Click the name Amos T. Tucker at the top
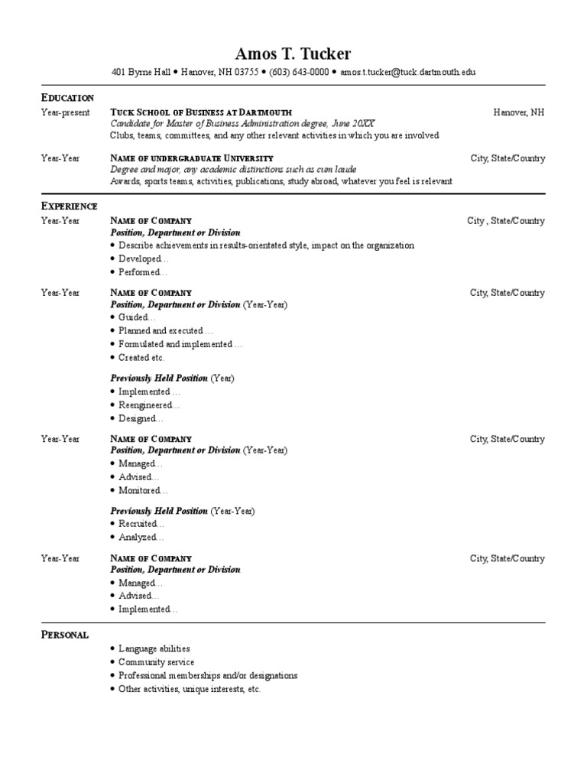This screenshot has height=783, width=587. [293, 54]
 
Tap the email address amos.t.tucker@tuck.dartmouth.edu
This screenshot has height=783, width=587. [408, 72]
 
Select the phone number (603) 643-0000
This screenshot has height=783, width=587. [298, 72]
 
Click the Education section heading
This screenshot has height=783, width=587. [67, 98]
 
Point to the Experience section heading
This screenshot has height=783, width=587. [69, 206]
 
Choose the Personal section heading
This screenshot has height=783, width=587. [64, 635]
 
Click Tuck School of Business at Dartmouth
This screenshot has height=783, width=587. [201, 112]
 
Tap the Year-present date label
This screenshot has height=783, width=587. [65, 112]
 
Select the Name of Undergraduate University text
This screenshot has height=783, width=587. [192, 158]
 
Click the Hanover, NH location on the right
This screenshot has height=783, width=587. [519, 112]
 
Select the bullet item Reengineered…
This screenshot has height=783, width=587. [149, 405]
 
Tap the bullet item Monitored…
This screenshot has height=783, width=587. [143, 491]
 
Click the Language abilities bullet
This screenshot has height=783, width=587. [154, 648]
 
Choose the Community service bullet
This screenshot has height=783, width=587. [156, 662]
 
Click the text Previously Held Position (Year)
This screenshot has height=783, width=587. [173, 379]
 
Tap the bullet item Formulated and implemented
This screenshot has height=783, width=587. [180, 345]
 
